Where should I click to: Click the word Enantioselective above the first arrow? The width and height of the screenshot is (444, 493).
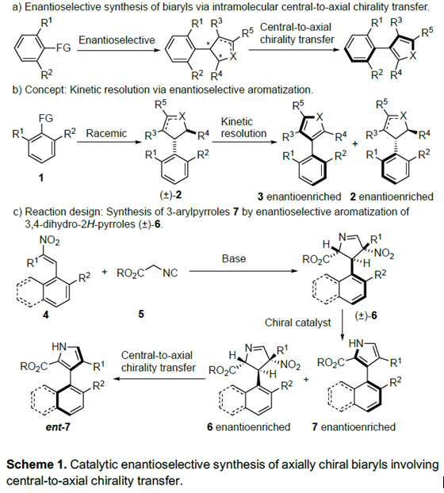[117, 40]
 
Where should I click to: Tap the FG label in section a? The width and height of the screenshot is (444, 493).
[63, 48]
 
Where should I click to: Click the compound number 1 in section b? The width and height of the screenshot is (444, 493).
[41, 178]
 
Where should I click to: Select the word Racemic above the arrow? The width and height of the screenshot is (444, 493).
[106, 133]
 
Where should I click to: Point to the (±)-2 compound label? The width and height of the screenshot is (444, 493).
[171, 195]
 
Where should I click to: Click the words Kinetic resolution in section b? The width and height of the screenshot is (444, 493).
[243, 128]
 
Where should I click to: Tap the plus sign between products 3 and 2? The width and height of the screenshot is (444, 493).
[355, 144]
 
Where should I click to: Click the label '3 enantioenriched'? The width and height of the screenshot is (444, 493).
[299, 197]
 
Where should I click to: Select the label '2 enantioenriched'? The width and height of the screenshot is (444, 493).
[392, 197]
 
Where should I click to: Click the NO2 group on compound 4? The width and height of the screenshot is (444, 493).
[49, 240]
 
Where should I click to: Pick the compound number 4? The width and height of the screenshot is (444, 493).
[46, 315]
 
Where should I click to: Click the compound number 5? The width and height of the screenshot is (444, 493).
[141, 314]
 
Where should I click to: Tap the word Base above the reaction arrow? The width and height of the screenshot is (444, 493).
[234, 258]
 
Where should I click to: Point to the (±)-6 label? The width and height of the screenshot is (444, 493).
[366, 315]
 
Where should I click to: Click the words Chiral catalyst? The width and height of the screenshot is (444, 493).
[298, 323]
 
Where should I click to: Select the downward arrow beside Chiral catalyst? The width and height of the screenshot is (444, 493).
[343, 325]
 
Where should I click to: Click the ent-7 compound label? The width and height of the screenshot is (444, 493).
[58, 427]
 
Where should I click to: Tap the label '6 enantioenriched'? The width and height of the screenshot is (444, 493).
[248, 426]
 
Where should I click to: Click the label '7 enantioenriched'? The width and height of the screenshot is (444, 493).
[354, 426]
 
